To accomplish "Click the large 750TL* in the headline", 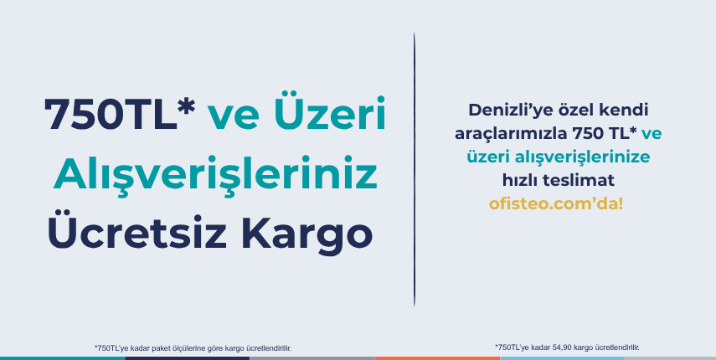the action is point(120,113).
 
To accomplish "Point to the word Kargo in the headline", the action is point(306,235).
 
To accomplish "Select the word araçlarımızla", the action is point(511,134).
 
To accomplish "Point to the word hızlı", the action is point(520,180).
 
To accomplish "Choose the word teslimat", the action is point(579,180).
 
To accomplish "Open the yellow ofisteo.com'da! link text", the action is point(556,204).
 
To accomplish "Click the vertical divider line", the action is point(415,169).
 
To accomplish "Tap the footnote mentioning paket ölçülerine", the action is point(193,348).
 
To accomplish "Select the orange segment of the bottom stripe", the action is point(437,358).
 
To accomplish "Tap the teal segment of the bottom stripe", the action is point(63,358).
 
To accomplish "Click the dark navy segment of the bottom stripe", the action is point(188,358).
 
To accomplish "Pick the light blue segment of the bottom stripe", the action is point(562,358).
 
